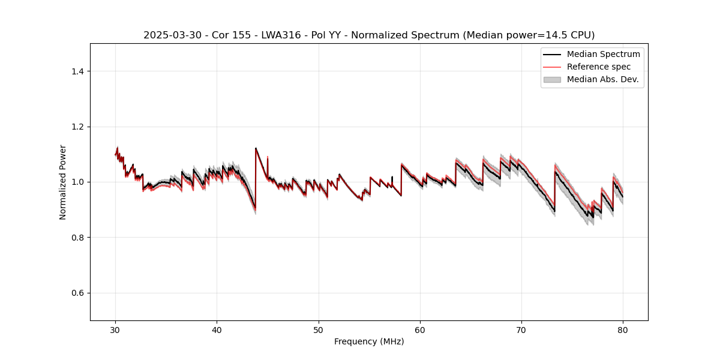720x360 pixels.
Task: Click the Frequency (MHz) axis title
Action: [369, 341]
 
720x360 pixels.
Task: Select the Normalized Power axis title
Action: [63, 182]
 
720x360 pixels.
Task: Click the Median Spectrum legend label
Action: [603, 54]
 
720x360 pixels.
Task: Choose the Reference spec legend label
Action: [599, 67]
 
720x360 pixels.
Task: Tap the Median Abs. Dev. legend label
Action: [602, 79]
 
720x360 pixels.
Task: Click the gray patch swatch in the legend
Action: [551, 79]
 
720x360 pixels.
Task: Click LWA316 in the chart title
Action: [281, 35]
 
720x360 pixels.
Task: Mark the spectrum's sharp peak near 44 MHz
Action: [256, 148]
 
